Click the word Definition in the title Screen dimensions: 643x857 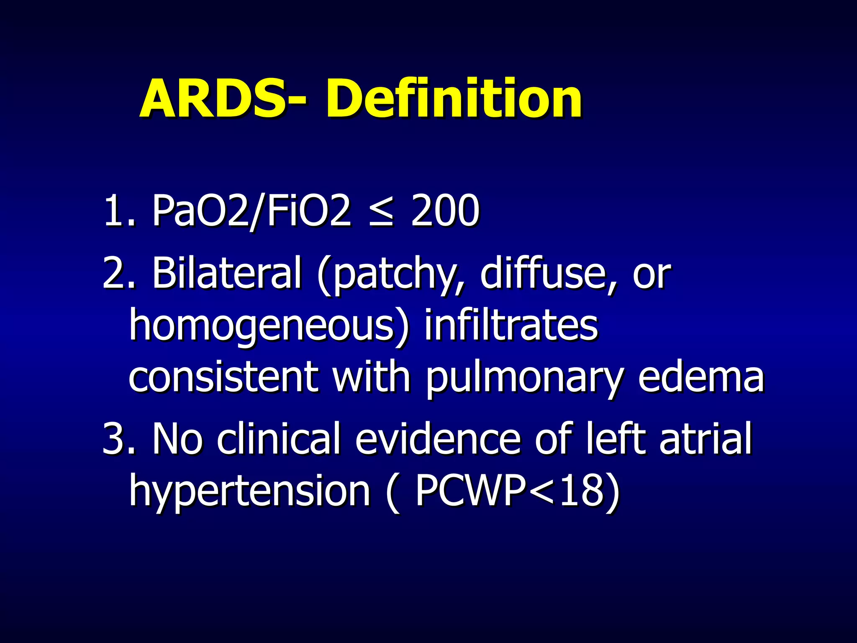click(x=454, y=100)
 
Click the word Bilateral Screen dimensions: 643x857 click(x=226, y=273)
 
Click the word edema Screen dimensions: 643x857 click(x=701, y=376)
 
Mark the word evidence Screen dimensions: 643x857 click(x=438, y=438)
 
